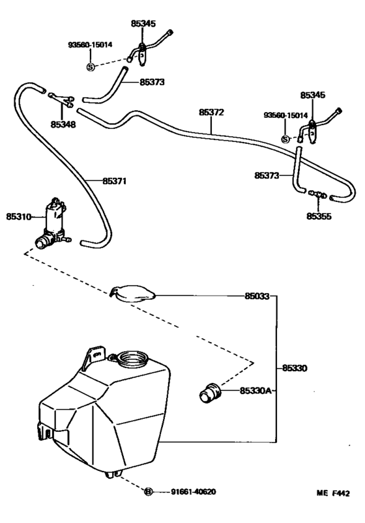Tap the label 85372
(211, 112)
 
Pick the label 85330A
(255, 391)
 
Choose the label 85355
(319, 214)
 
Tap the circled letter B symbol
(148, 492)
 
